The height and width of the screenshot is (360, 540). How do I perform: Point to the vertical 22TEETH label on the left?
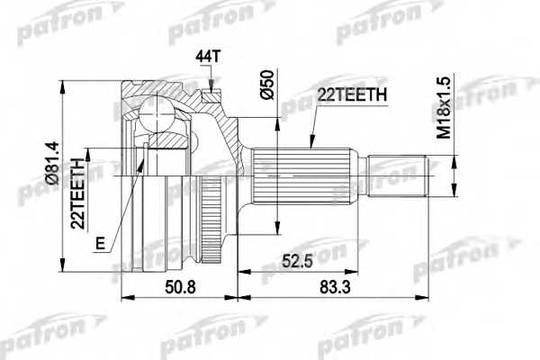coord(79,190)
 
